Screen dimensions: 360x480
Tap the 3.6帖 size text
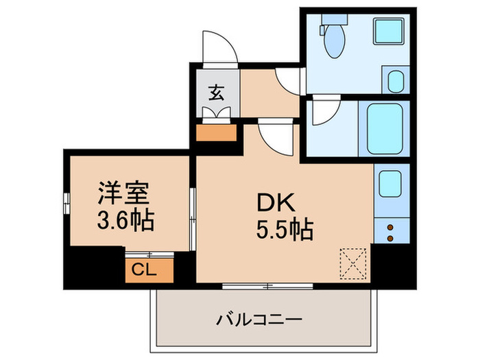tap(124, 221)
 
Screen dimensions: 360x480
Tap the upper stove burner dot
tap(390, 226)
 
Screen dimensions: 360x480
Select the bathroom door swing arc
tap(322, 112)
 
